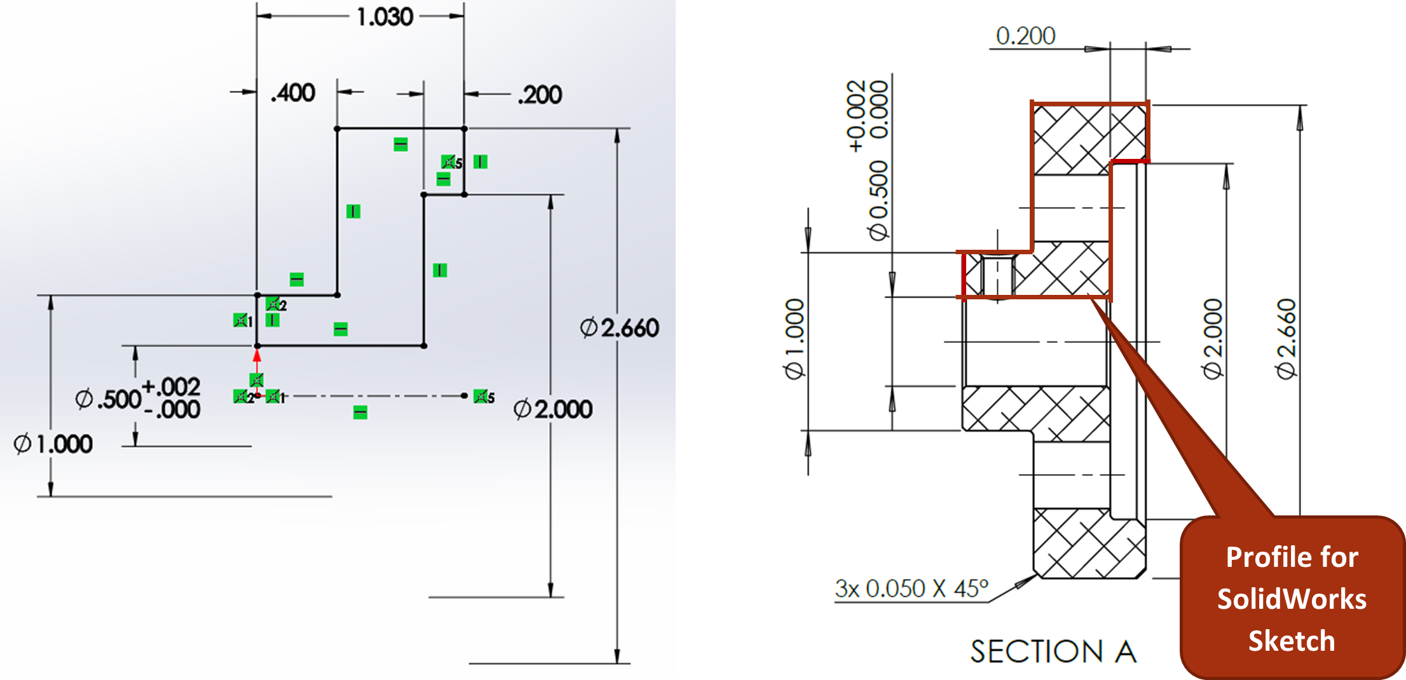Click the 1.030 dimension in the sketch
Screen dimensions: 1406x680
pyautogui.click(x=385, y=17)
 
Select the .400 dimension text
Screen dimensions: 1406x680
pyautogui.click(x=293, y=93)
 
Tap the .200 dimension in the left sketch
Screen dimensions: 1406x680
pyautogui.click(x=540, y=95)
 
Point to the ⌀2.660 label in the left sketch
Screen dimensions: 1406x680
pyautogui.click(x=620, y=328)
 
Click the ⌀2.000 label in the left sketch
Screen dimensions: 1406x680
pyautogui.click(x=553, y=409)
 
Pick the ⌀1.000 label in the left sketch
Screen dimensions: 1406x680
pyautogui.click(x=53, y=444)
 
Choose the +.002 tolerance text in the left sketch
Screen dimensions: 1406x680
pyautogui.click(x=171, y=386)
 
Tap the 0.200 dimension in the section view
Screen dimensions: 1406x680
pyautogui.click(x=1026, y=36)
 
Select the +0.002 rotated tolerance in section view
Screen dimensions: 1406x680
pyautogui.click(x=856, y=116)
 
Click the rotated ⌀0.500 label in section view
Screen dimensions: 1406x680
pyautogui.click(x=878, y=201)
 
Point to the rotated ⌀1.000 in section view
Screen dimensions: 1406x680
pyautogui.click(x=795, y=339)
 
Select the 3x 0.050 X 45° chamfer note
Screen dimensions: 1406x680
pyautogui.click(x=911, y=588)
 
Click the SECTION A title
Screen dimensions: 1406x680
pyautogui.click(x=1053, y=652)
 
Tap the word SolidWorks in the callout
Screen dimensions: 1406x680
pyautogui.click(x=1292, y=599)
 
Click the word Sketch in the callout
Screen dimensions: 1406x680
pyautogui.click(x=1292, y=641)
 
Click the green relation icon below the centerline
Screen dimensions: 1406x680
pyautogui.click(x=360, y=413)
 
